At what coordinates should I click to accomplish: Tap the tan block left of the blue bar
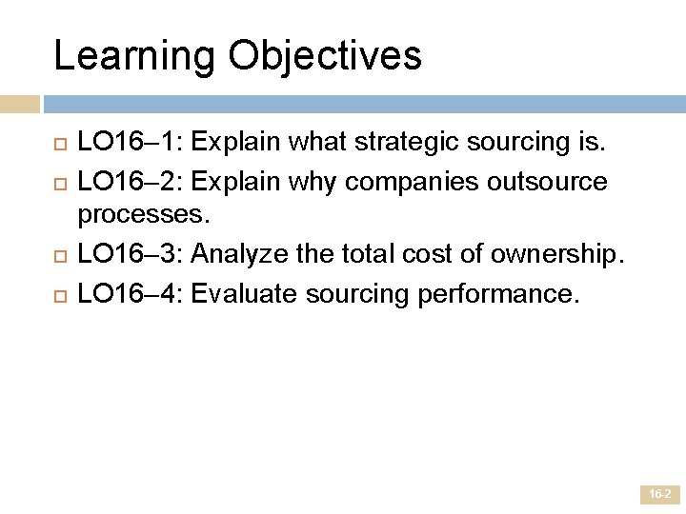click(20, 103)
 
